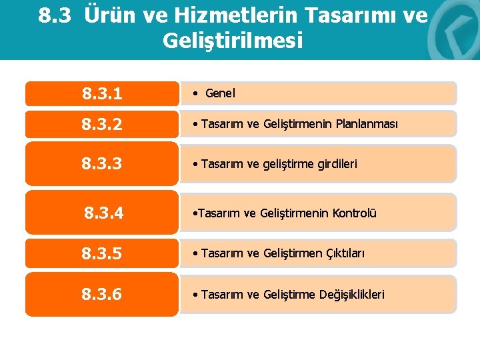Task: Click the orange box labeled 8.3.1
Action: pos(102,94)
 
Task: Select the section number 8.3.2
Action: pos(102,124)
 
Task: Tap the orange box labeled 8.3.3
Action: pos(102,163)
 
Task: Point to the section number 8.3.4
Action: pos(104,213)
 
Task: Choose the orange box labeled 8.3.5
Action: pos(102,254)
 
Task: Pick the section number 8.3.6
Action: pos(102,294)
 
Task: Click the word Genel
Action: pos(220,94)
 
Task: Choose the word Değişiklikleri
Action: pos(353,294)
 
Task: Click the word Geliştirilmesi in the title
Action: pos(233,41)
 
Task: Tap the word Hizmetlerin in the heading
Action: pos(196,15)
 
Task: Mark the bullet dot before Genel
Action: pos(193,94)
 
